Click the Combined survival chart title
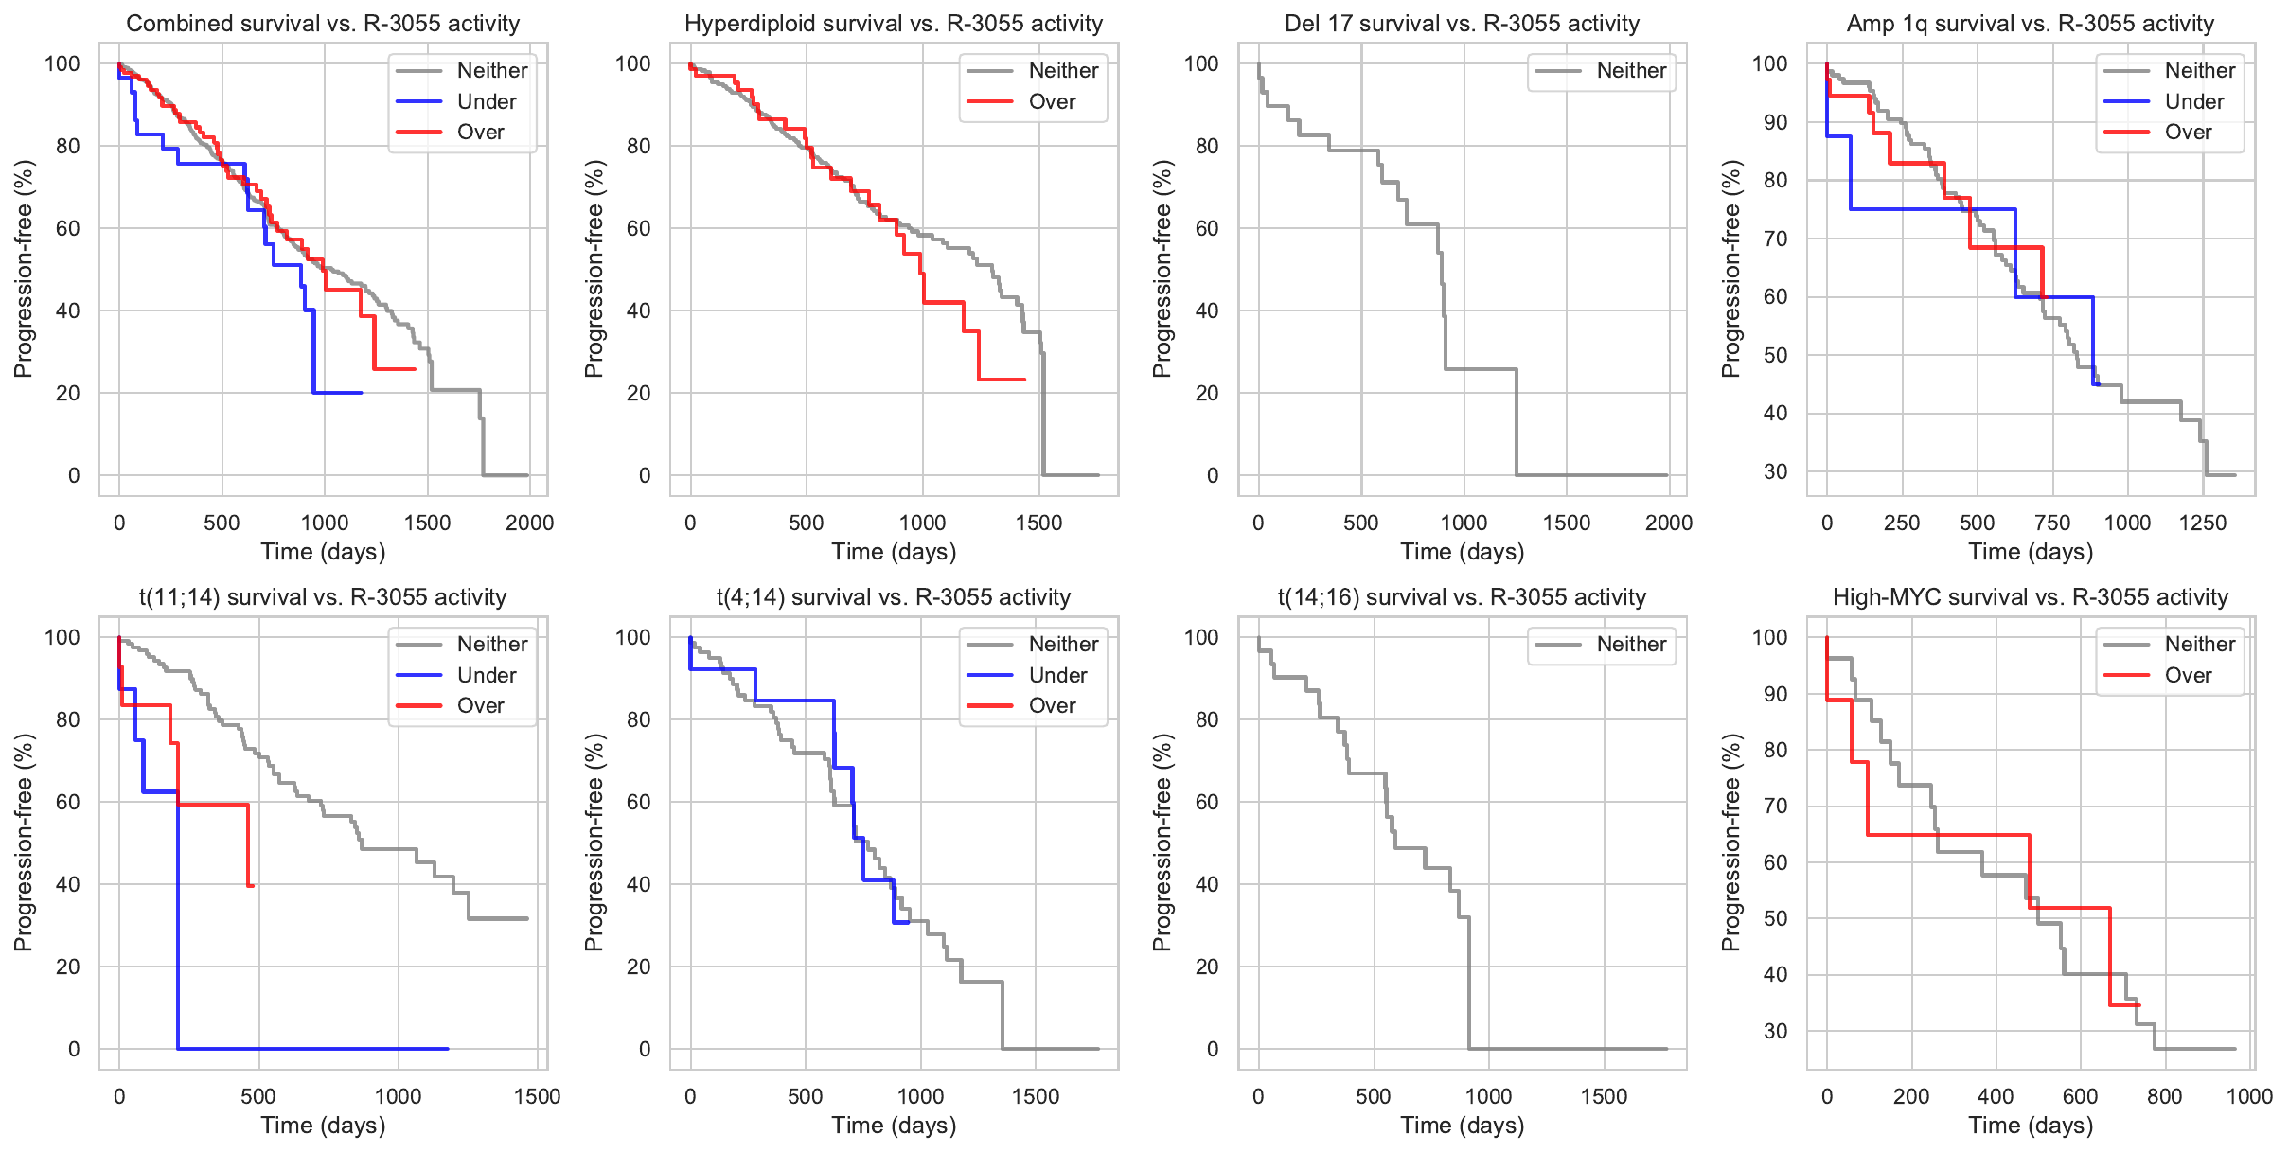coord(323,24)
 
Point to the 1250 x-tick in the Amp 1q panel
coord(2202,523)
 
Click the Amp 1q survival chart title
coord(2030,24)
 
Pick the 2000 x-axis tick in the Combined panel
coord(529,523)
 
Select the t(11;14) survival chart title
coord(323,597)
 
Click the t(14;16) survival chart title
coord(1462,597)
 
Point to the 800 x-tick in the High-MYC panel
coord(2164,1096)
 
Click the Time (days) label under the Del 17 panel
coord(1462,552)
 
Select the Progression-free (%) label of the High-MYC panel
coord(1730,842)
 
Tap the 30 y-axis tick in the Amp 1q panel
coord(1775,471)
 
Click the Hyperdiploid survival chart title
coord(894,24)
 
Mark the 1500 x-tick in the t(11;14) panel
coord(537,1096)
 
